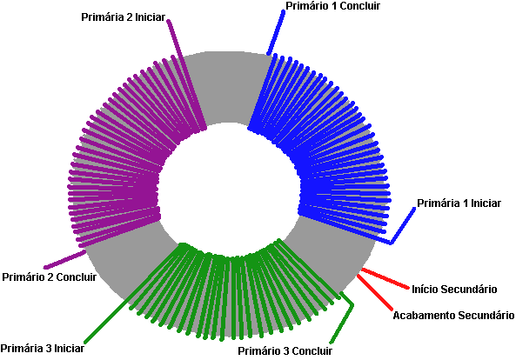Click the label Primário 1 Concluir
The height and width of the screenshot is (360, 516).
pyautogui.click(x=332, y=6)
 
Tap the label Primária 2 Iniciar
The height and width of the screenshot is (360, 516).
pyautogui.click(x=123, y=17)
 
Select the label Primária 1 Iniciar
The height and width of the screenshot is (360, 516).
pyautogui.click(x=459, y=203)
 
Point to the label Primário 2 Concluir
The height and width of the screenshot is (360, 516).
pyautogui.click(x=50, y=277)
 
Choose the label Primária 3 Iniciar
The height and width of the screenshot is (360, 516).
pyautogui.click(x=43, y=348)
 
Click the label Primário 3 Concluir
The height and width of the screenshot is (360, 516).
pyautogui.click(x=285, y=350)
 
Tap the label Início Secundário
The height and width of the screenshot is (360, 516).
pyautogui.click(x=454, y=290)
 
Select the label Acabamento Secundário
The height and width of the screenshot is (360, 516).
pyautogui.click(x=453, y=316)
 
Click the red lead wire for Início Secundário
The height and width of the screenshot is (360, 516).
pyautogui.click(x=385, y=279)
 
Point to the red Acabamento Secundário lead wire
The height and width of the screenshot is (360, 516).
pyautogui.click(x=375, y=292)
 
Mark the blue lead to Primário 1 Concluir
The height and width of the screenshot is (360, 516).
pyautogui.click(x=276, y=32)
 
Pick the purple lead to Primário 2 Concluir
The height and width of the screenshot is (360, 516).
pyautogui.click(x=65, y=259)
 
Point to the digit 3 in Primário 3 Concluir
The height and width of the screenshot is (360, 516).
pyautogui.click(x=285, y=350)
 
